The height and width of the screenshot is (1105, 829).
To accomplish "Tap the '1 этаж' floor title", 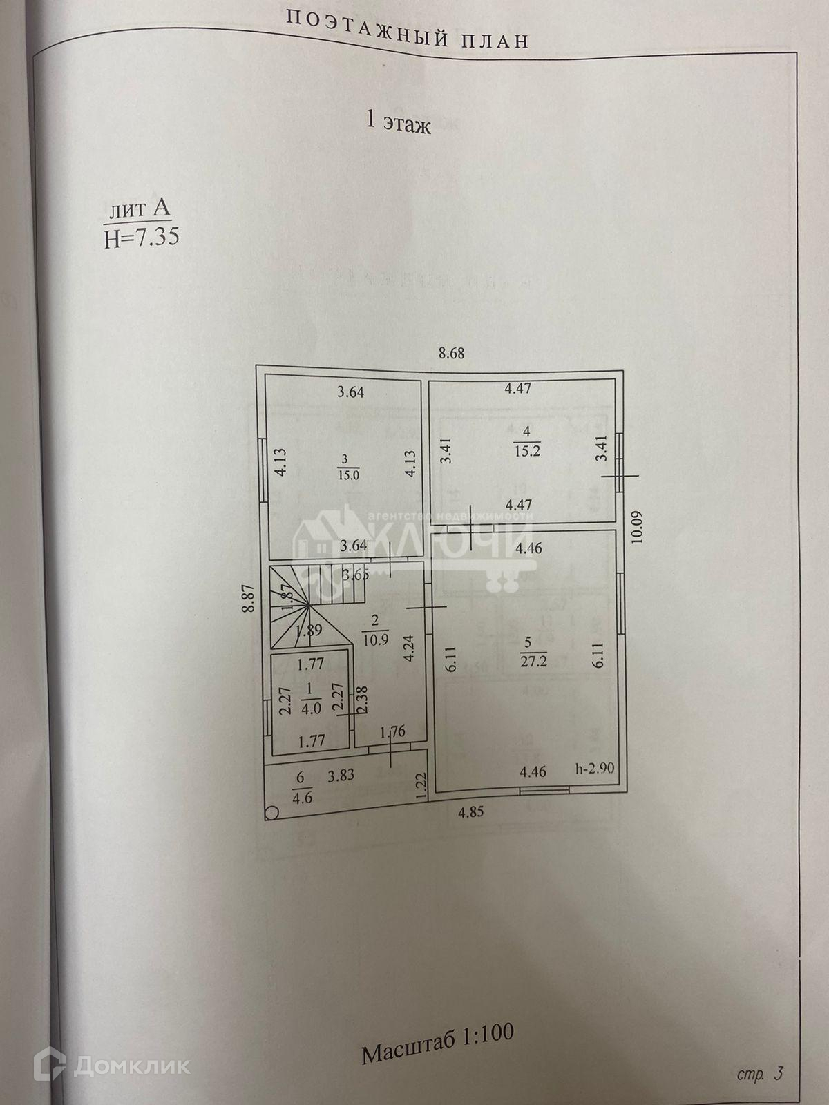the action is coord(398,125).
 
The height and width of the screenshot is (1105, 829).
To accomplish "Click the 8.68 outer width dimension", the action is coord(452,353).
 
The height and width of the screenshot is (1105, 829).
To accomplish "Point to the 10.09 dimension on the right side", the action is coord(637,526).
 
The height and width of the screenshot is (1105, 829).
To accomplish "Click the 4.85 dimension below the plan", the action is coord(471,812).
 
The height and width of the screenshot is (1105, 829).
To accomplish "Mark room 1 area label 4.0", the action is coord(311,709).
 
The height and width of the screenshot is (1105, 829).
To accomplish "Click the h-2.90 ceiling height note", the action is coord(595,769).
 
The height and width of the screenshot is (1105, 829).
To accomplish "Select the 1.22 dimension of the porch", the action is coord(421,787).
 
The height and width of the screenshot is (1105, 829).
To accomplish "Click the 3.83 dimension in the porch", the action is coord(341,775).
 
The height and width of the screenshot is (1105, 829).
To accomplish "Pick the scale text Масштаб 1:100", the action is coord(437,1032).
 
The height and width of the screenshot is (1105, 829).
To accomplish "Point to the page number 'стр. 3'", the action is coord(759,1074).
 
